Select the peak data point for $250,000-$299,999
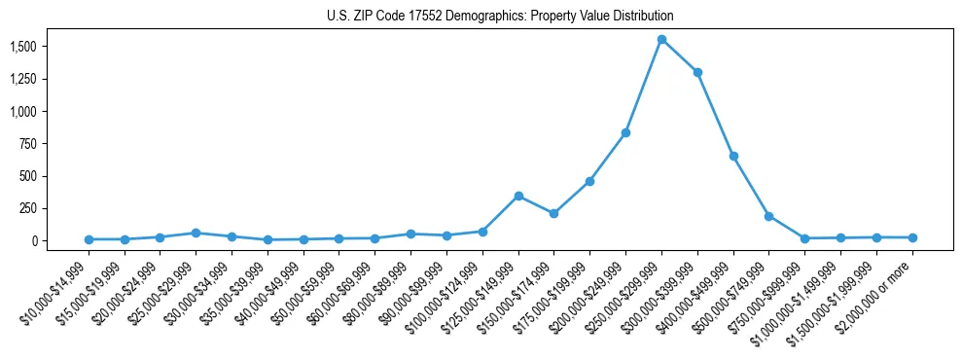coord(661,40)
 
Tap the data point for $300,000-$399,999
coord(697,72)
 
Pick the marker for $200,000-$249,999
coord(625,132)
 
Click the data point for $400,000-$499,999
coord(733,156)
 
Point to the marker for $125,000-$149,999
coord(518,196)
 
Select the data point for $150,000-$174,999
coord(553,213)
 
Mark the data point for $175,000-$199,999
coord(589,181)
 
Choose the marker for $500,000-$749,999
coord(769,216)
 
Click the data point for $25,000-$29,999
coord(196,233)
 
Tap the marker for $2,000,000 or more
coord(912,237)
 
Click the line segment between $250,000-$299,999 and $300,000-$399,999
coord(680,56)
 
